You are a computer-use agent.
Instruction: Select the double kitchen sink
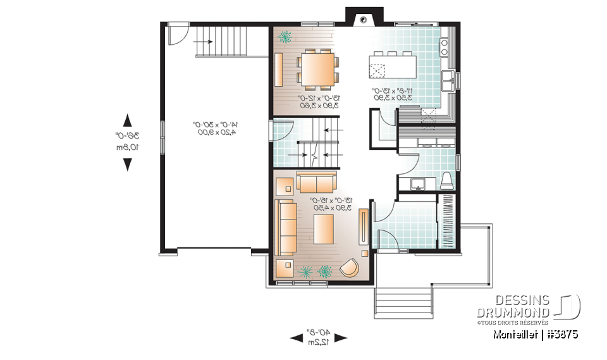[x=448, y=79]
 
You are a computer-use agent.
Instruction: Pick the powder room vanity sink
[x=417, y=183]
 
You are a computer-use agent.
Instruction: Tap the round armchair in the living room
[x=349, y=269]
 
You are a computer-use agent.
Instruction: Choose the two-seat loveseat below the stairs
[x=317, y=183]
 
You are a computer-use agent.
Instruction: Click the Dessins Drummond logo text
[x=513, y=306]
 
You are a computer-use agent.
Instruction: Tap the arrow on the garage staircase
[x=205, y=41]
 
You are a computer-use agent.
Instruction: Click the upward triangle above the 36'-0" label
[x=127, y=120]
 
